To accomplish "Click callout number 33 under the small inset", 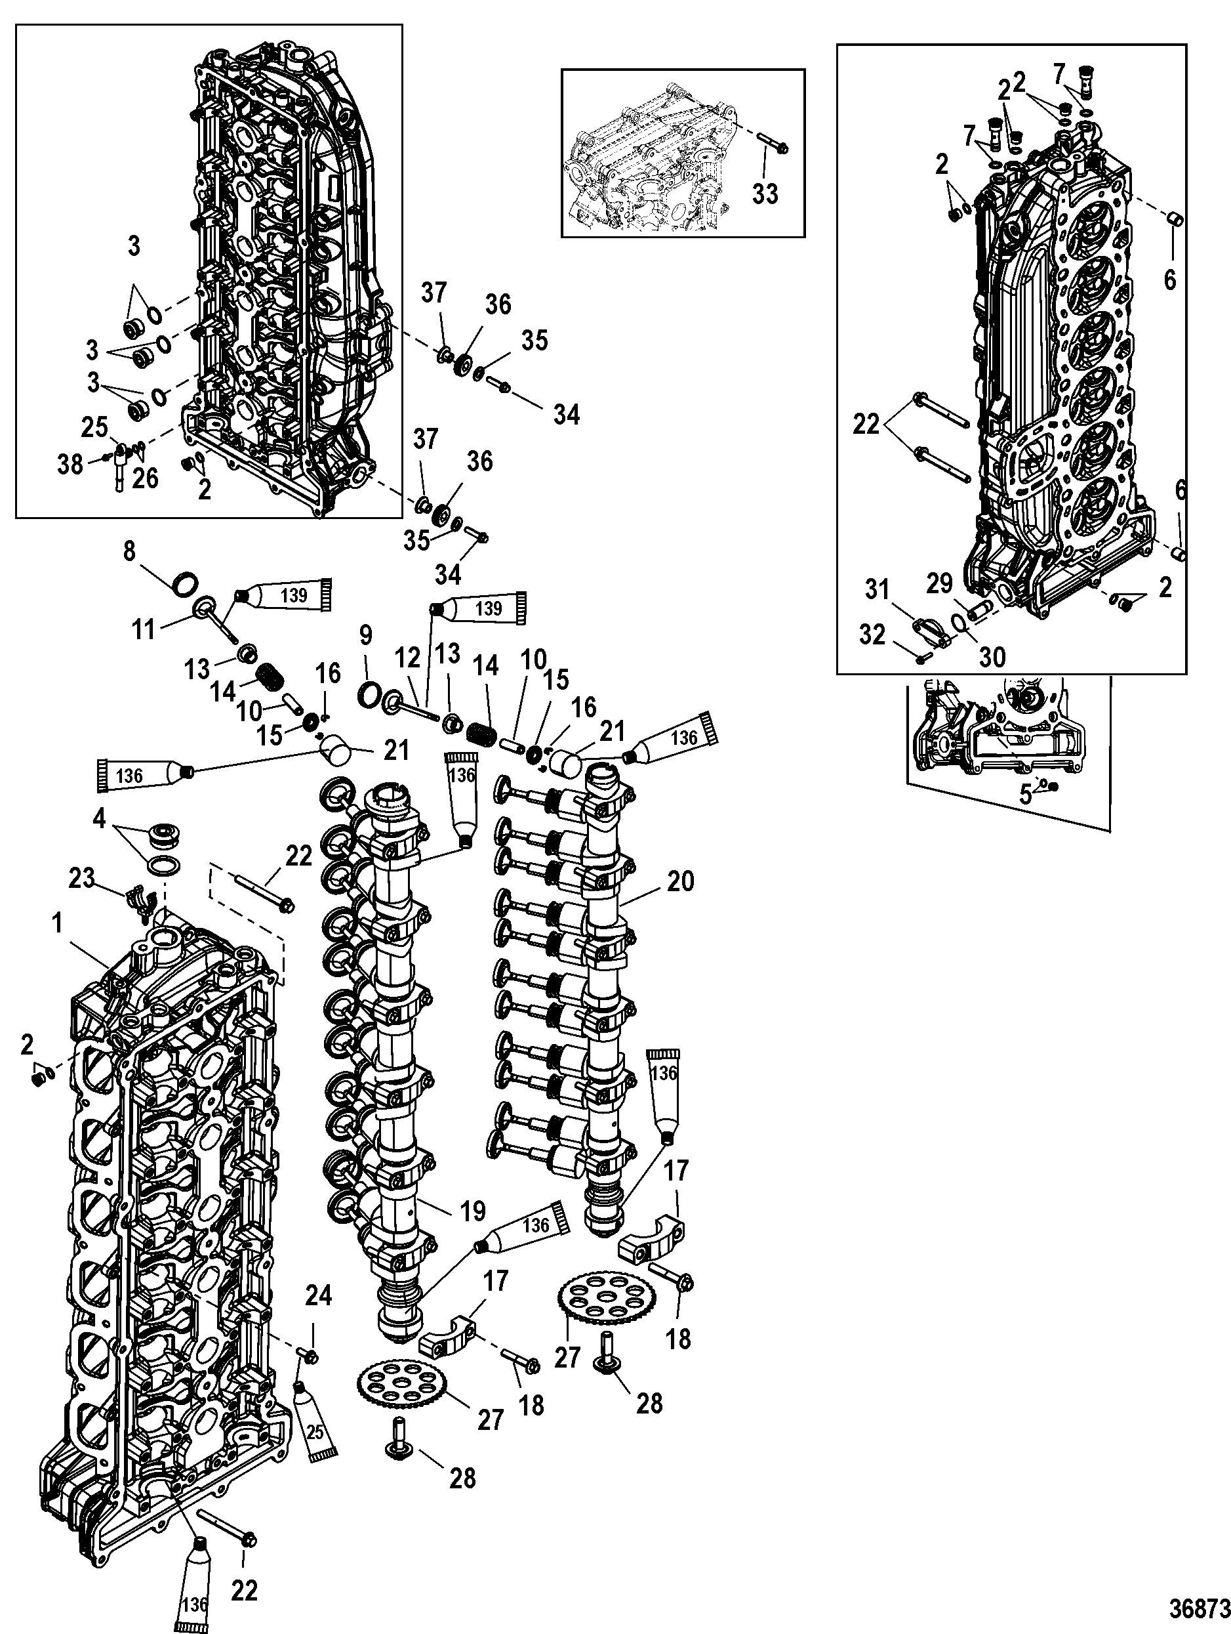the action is pos(765,194).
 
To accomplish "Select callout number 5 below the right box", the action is pos(1026,795).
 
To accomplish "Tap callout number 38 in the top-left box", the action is pos(70,465).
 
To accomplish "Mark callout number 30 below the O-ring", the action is pos(992,656).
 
